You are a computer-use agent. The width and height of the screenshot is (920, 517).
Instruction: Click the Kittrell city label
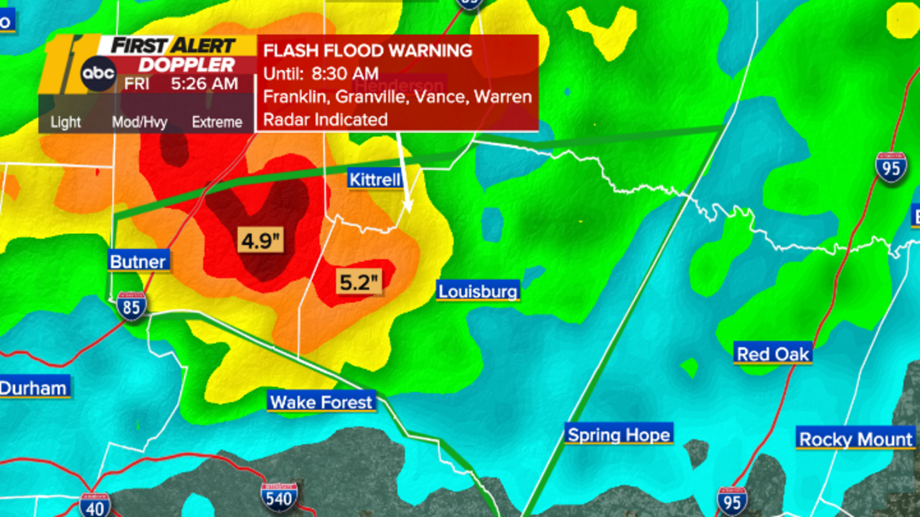[x=374, y=180]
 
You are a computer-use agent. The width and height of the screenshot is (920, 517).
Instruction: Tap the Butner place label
[x=138, y=261]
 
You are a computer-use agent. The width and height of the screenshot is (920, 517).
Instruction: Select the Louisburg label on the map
[x=478, y=291]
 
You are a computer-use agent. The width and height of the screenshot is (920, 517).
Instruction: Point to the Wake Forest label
[x=321, y=402]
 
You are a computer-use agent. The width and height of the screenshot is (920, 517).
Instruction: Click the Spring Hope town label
[x=619, y=435]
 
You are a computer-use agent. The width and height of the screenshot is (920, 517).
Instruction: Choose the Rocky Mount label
[x=856, y=439]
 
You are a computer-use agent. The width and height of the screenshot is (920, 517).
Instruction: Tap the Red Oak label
[x=773, y=354]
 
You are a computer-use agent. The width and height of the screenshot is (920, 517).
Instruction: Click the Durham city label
[x=33, y=388]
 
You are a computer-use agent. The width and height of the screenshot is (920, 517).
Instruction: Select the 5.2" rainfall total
[x=359, y=282]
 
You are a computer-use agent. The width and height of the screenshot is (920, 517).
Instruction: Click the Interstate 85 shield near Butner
[x=131, y=307]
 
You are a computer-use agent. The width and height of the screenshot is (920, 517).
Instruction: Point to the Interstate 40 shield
[x=95, y=506]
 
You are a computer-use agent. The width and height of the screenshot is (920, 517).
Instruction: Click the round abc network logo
[x=98, y=74]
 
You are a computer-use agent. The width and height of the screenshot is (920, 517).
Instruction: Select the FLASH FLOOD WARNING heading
[x=367, y=51]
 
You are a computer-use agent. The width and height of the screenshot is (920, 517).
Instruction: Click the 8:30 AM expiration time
[x=345, y=74]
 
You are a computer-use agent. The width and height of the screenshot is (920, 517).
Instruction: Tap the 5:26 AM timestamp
[x=204, y=84]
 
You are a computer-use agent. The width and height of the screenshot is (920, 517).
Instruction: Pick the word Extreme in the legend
[x=217, y=122]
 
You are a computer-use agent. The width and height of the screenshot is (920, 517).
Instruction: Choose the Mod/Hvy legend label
[x=139, y=122]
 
